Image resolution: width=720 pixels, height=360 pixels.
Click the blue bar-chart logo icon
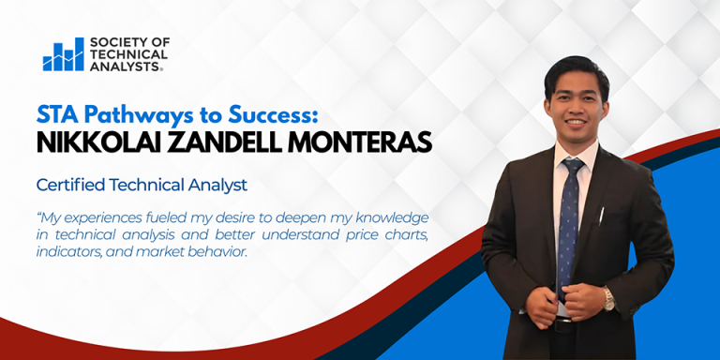coord(63,55)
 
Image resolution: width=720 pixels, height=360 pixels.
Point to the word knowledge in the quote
coord(387,217)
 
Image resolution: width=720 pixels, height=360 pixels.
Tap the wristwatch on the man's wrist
coord(609,299)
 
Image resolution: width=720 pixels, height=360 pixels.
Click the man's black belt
coord(562,325)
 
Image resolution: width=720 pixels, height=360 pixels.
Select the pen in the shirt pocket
coord(601,215)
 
